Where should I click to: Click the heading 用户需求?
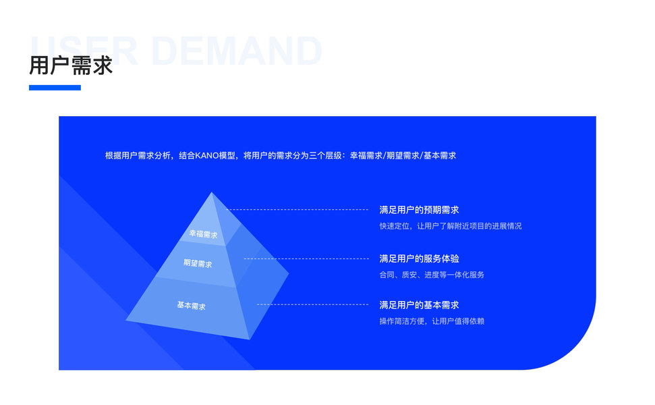[x=70, y=66]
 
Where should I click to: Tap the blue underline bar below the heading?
[x=55, y=87]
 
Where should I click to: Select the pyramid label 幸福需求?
[x=203, y=234]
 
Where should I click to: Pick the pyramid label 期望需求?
[x=198, y=263]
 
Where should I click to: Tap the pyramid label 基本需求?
[x=191, y=306]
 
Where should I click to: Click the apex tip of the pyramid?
[x=212, y=193]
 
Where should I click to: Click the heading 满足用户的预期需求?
[x=419, y=210]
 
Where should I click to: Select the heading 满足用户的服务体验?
[x=419, y=259]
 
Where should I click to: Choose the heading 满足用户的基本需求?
[x=419, y=304]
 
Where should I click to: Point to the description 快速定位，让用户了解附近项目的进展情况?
[x=450, y=226]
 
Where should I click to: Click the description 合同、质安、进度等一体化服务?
[x=432, y=275]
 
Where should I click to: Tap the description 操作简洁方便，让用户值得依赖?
[x=432, y=321]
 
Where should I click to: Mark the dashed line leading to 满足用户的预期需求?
[x=297, y=210]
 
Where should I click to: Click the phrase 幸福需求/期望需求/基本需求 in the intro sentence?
[x=403, y=155]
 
